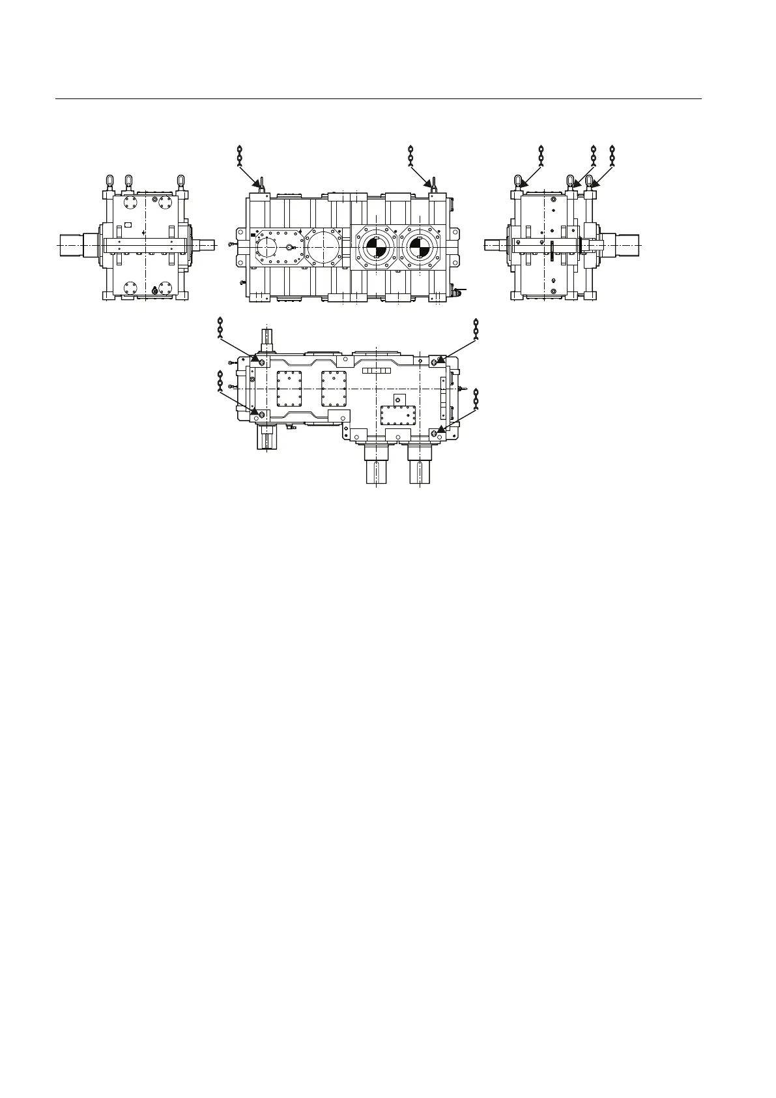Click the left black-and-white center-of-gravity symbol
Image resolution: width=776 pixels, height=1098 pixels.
point(376,248)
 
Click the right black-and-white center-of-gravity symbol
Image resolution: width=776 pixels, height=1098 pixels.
point(421,248)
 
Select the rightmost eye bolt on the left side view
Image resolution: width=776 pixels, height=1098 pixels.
point(181,180)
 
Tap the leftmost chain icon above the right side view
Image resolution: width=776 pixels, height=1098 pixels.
point(541,157)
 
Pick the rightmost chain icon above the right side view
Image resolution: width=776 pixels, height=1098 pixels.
point(611,157)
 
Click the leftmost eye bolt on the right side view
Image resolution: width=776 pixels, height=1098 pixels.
point(519,181)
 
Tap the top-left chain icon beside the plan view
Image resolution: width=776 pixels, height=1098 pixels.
point(220,328)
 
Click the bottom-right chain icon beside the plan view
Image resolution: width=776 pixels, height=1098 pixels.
point(476,399)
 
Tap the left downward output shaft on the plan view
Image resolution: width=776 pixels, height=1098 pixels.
point(376,464)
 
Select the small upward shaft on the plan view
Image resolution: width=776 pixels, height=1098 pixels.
point(270,337)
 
